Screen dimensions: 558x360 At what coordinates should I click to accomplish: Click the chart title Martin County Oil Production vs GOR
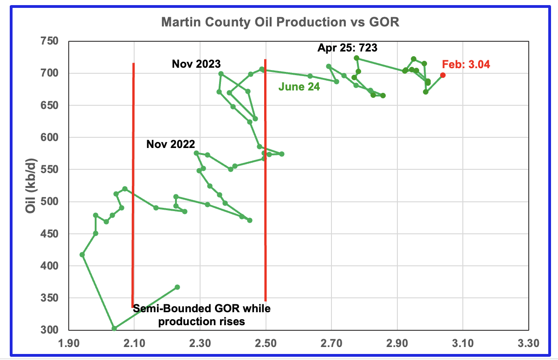(x=280, y=22)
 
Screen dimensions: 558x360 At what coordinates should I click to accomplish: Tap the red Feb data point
(x=443, y=75)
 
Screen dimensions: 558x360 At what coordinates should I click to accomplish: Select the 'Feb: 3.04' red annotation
(x=466, y=64)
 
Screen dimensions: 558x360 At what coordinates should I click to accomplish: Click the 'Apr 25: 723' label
(x=347, y=48)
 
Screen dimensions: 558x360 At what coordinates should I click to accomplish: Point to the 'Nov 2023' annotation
(x=196, y=64)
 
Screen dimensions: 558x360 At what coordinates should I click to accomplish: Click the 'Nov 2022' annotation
(x=171, y=144)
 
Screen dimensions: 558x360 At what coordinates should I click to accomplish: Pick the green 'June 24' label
(x=299, y=87)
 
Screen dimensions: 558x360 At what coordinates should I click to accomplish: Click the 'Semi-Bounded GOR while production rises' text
(x=202, y=315)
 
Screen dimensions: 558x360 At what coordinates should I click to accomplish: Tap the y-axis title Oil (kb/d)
(x=31, y=186)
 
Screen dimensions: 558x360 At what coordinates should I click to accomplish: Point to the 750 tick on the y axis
(x=49, y=41)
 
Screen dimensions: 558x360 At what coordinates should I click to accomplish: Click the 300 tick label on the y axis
(x=49, y=330)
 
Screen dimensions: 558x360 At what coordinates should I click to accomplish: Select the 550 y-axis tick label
(x=49, y=169)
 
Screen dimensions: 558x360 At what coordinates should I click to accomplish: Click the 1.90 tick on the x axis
(x=69, y=343)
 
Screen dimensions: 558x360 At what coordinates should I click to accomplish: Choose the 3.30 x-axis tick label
(x=528, y=343)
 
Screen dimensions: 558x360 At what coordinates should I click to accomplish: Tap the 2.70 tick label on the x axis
(x=331, y=343)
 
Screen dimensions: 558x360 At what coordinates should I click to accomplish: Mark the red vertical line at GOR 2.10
(x=133, y=186)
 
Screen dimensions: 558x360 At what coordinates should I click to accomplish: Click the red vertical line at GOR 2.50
(x=266, y=180)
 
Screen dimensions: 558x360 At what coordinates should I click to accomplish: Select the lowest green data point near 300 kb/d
(x=114, y=328)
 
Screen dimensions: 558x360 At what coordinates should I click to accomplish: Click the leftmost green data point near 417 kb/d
(x=82, y=255)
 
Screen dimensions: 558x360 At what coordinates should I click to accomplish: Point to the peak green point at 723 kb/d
(x=357, y=58)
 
